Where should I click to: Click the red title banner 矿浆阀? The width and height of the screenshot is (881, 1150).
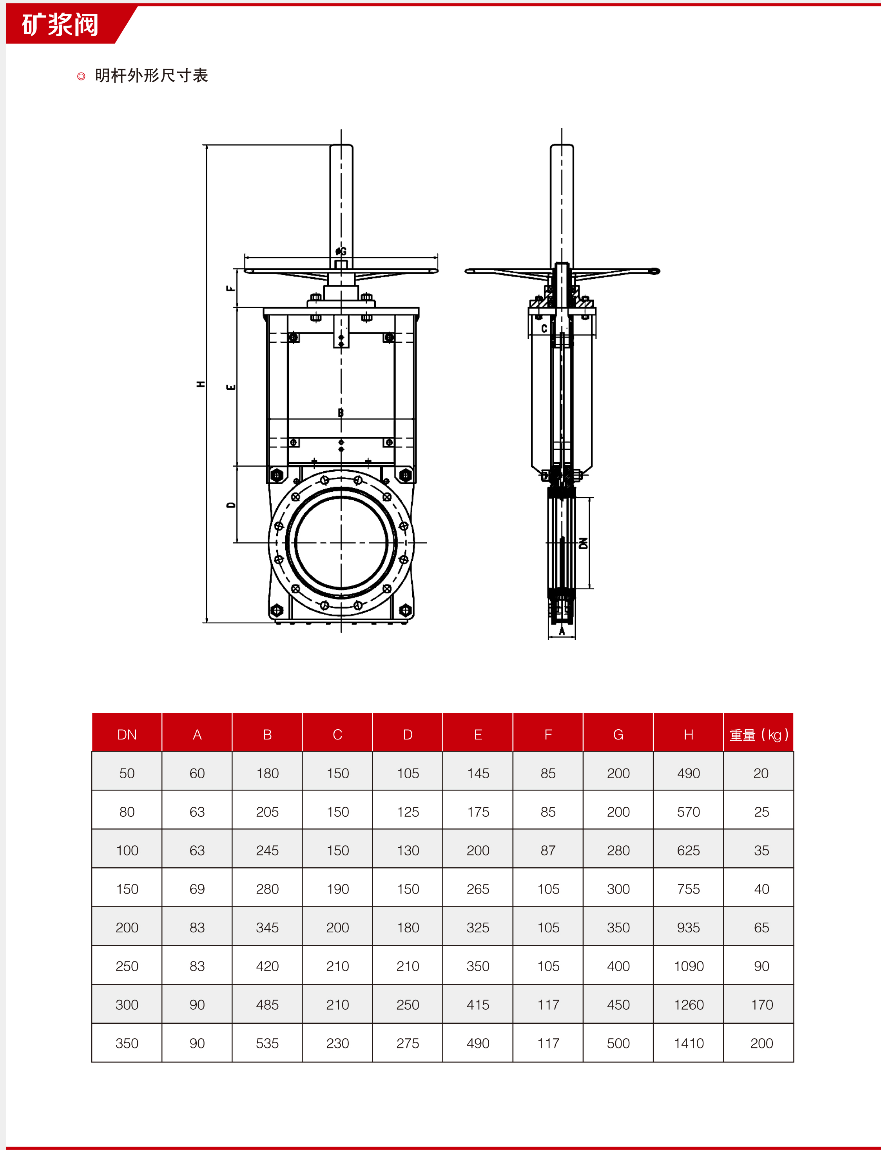(60, 24)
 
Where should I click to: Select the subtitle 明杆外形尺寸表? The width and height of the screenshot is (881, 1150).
(151, 76)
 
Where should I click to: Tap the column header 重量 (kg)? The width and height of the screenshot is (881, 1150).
(759, 734)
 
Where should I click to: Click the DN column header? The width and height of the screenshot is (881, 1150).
(127, 734)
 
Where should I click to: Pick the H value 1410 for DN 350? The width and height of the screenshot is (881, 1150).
(689, 1043)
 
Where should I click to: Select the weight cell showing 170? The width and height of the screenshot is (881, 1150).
(761, 1004)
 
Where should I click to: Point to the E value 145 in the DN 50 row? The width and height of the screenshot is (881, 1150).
(478, 773)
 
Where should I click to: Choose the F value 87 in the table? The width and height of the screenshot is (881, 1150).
(548, 850)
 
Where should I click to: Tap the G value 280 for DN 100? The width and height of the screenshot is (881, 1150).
(618, 850)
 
